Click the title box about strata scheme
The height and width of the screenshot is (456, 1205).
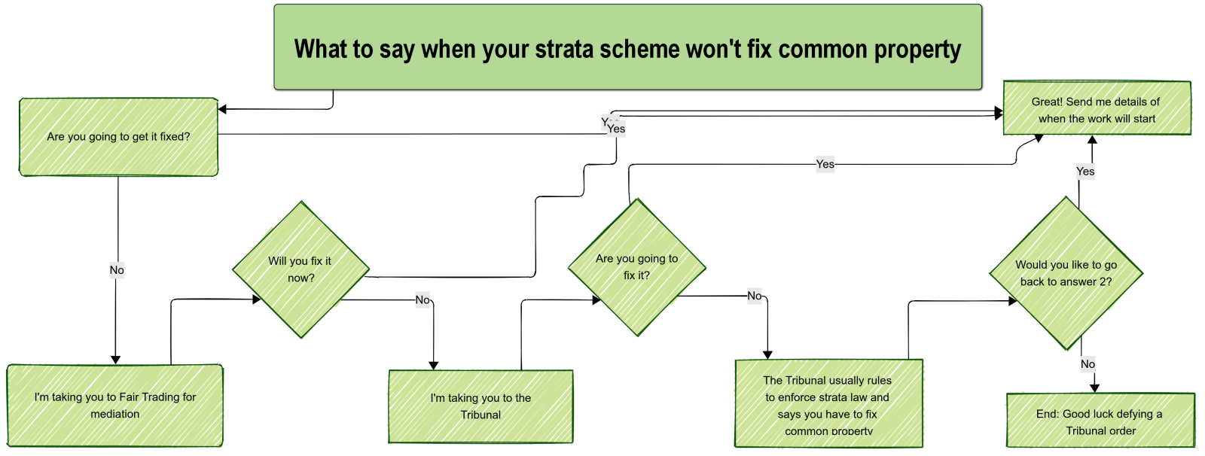[x=628, y=47]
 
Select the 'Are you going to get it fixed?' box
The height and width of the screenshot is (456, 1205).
[x=118, y=137]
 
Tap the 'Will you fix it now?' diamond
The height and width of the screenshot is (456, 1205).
[x=300, y=269]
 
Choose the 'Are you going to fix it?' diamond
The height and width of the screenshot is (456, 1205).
[x=637, y=267]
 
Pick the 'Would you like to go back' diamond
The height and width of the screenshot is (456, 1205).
[x=1066, y=273]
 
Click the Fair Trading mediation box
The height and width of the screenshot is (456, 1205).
[x=115, y=406]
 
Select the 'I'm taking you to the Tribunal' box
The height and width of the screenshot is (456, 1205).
[x=481, y=406]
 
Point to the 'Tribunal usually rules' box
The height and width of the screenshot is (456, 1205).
[x=828, y=403]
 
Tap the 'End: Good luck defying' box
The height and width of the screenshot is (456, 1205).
[x=1100, y=420]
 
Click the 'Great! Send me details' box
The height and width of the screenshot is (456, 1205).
[x=1097, y=108]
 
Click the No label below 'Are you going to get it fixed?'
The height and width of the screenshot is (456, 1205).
[x=117, y=270]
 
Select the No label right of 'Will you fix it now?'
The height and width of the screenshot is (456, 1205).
[x=423, y=300]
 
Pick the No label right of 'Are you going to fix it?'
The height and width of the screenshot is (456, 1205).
[x=754, y=296]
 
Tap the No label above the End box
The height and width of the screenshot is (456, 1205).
[x=1088, y=364]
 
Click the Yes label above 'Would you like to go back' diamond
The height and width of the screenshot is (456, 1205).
[x=1085, y=172]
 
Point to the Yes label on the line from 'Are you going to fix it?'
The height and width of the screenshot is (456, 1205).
[x=825, y=164]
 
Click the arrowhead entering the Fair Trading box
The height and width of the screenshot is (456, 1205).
[x=115, y=360]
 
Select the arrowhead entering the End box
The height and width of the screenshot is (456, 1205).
[x=1094, y=388]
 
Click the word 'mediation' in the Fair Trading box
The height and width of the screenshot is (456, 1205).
[x=114, y=414]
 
